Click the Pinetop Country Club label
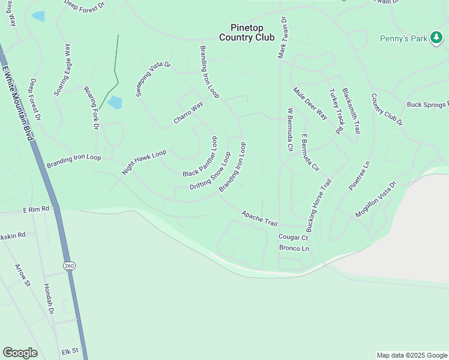247,32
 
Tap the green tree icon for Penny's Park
436,39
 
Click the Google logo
20,353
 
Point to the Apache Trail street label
259,218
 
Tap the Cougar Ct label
293,238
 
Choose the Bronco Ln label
294,248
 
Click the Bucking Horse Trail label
319,205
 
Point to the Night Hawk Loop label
144,162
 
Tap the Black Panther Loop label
200,157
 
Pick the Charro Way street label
188,113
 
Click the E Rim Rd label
36,210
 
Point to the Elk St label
70,350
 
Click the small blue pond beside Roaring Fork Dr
115,103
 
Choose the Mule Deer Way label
310,103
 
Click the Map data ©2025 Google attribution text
412,355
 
